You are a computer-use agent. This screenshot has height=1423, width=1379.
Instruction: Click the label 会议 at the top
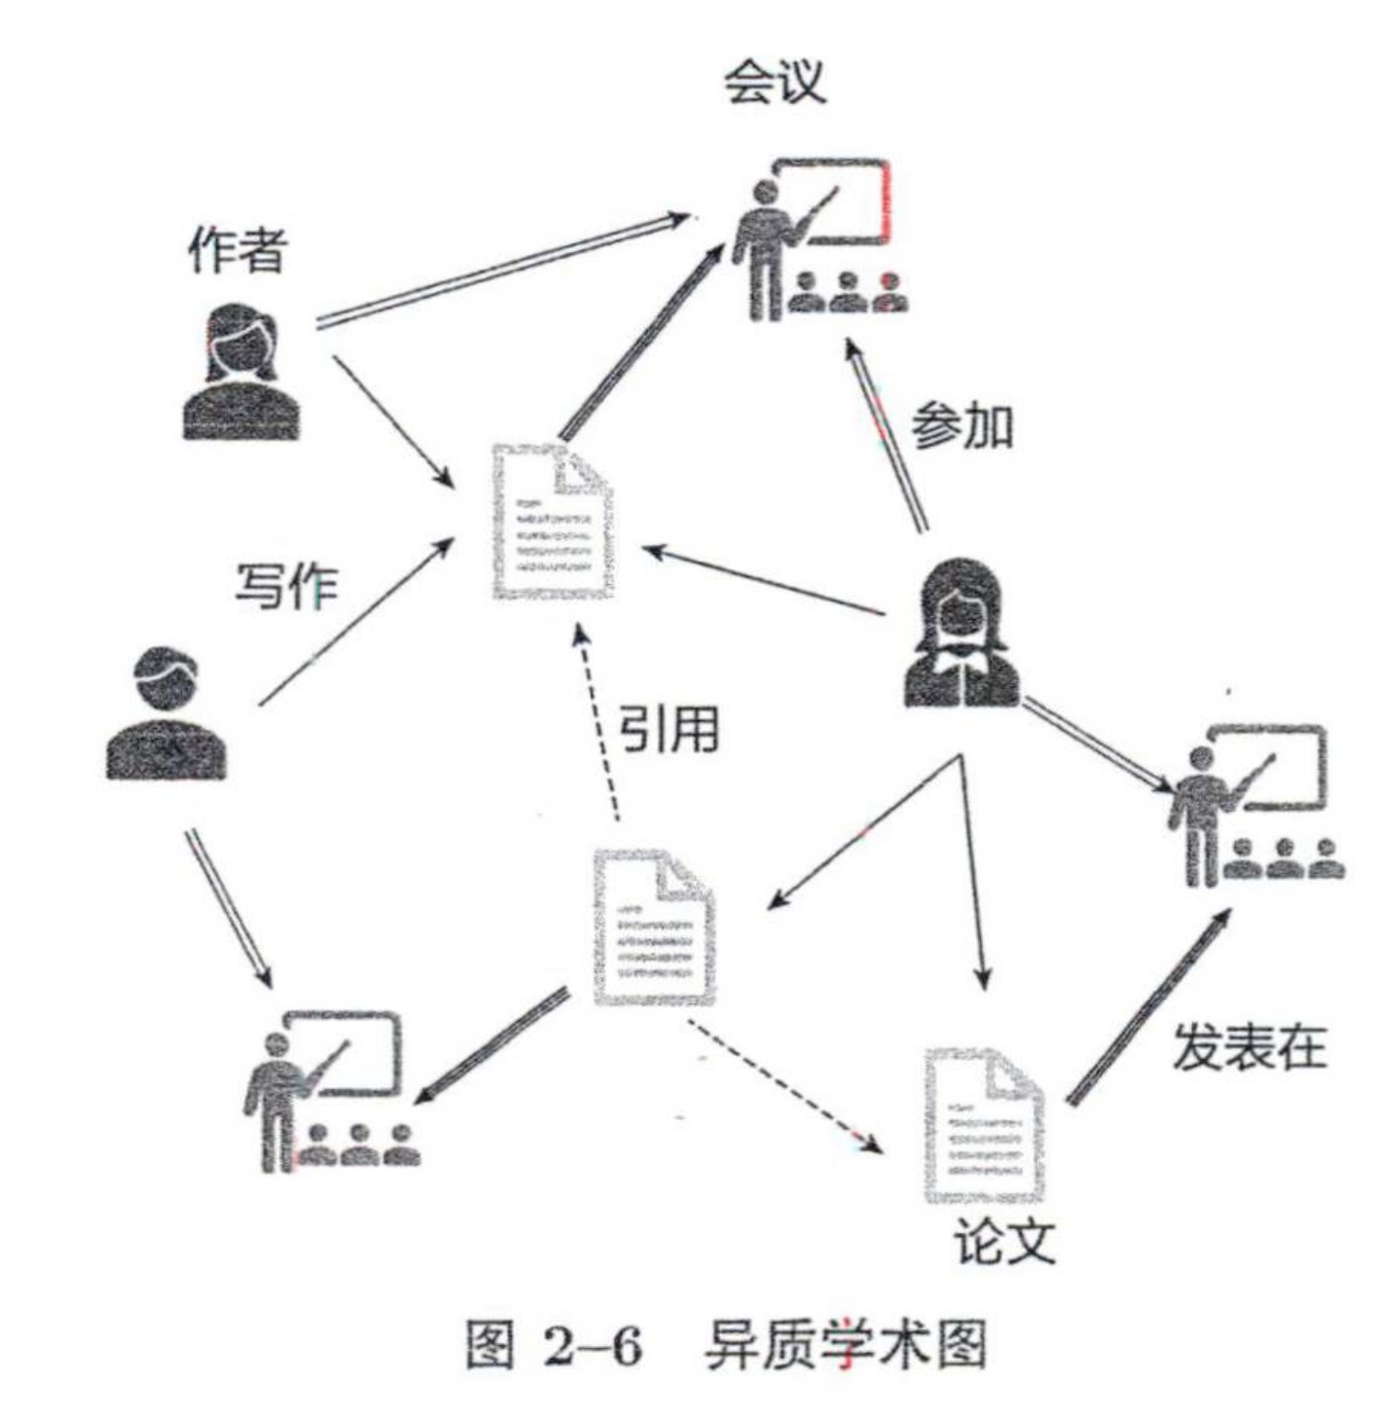(774, 82)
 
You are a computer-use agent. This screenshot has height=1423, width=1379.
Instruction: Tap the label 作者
(236, 249)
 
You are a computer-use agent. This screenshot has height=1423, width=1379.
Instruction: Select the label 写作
(286, 586)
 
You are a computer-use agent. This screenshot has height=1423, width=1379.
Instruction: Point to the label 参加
(962, 427)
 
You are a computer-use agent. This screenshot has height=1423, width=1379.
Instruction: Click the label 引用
(670, 728)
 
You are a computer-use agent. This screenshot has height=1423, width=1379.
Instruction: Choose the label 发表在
(1249, 1047)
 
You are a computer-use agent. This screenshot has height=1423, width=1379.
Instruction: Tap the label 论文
(1003, 1240)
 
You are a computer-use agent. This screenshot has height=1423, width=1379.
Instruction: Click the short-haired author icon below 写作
(165, 714)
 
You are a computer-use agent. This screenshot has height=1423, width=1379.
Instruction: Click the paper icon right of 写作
(553, 522)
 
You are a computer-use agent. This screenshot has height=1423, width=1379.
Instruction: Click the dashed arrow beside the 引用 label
(597, 725)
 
